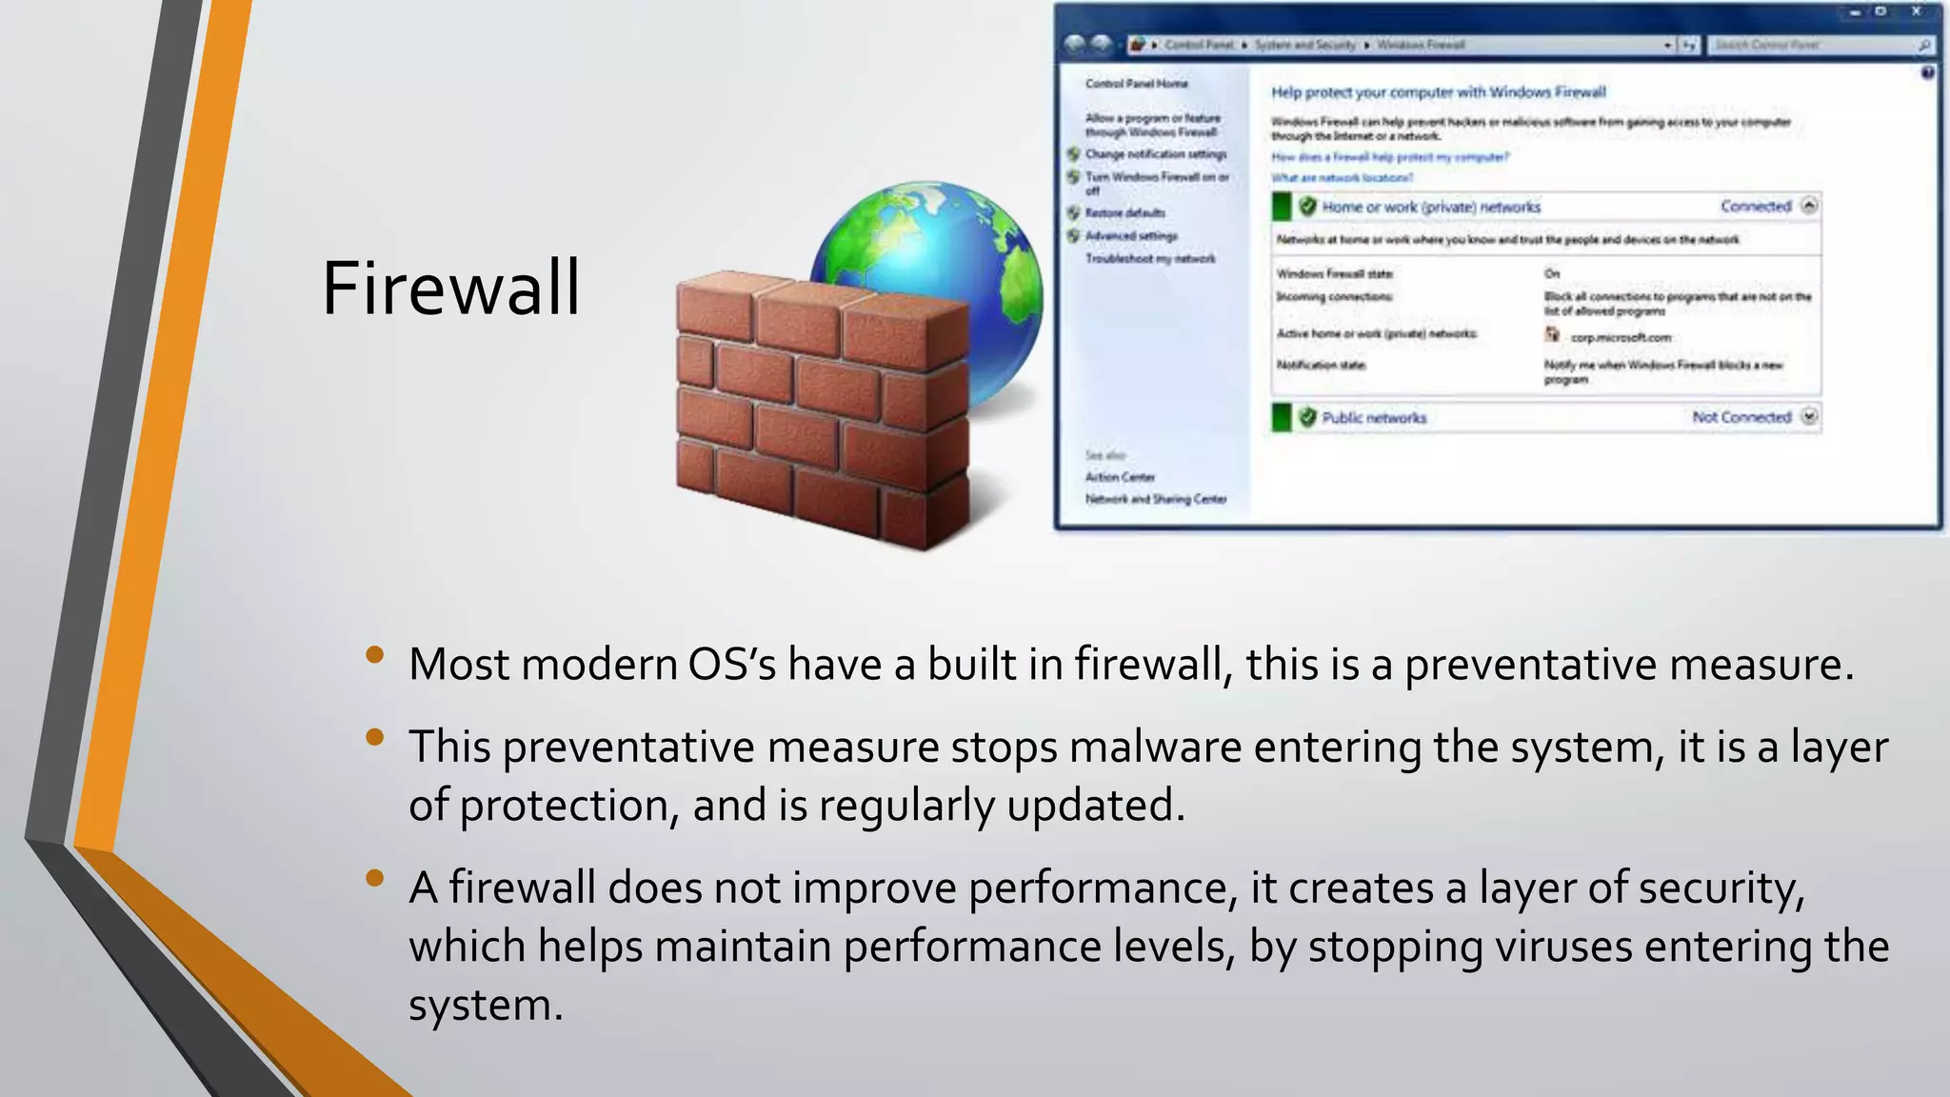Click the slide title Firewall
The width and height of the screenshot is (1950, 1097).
pos(450,288)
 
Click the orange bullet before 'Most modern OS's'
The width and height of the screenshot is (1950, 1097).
pos(374,655)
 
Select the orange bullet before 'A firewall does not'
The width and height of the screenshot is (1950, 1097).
pos(374,878)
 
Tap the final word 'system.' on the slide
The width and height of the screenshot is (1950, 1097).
pos(486,1006)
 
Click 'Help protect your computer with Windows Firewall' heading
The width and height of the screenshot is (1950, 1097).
pos(1438,92)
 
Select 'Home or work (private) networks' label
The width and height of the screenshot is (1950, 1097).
pos(1430,207)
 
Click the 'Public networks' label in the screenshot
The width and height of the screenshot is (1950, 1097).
pos(1374,418)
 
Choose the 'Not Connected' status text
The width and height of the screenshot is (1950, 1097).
pos(1741,417)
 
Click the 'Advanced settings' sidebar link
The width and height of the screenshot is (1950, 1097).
pos(1131,236)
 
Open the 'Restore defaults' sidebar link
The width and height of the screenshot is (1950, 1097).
pos(1124,213)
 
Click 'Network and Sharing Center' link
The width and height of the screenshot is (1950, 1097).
pos(1156,499)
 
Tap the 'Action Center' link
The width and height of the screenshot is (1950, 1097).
pos(1120,477)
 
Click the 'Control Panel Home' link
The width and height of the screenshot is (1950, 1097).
pos(1136,84)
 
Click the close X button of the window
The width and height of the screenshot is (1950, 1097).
pos(1916,12)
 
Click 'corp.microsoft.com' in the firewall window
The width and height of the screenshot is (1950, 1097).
pos(1620,337)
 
